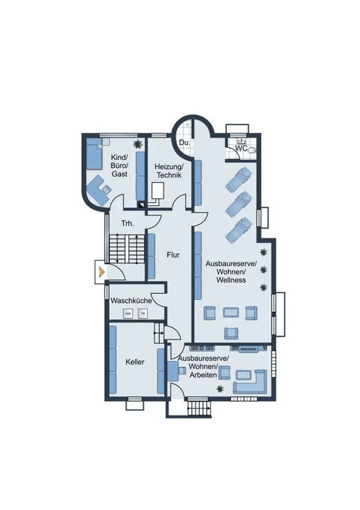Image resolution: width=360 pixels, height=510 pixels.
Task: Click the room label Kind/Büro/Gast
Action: (119, 165)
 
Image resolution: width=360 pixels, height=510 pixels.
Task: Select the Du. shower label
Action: (184, 143)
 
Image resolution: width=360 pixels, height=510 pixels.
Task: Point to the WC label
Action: (241, 148)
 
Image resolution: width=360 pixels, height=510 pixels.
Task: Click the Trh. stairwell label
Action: (127, 223)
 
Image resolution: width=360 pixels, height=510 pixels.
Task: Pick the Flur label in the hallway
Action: (174, 255)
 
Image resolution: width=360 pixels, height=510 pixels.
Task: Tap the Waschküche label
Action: (131, 300)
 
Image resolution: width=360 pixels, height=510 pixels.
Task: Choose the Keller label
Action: (135, 362)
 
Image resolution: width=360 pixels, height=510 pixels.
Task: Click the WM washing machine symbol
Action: (128, 313)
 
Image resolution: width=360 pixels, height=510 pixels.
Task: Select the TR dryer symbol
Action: (143, 313)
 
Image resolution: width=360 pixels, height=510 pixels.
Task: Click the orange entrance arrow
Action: (101, 272)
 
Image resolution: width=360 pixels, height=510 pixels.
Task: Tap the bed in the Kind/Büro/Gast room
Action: (94, 154)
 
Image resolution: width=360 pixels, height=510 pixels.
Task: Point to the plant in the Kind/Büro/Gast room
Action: (137, 143)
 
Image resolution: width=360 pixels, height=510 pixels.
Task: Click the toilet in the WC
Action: (251, 150)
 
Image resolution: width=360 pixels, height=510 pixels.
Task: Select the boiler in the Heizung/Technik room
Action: (158, 191)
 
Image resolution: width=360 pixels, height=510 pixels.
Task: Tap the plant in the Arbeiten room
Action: (220, 388)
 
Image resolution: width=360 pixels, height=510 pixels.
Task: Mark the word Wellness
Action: (231, 280)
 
